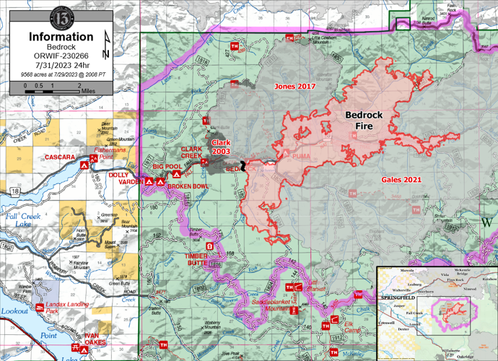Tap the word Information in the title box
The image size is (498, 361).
60,36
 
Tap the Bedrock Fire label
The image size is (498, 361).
368,120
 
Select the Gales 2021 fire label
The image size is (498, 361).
401,178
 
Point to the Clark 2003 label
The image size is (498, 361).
221,147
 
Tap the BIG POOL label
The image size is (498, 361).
167,166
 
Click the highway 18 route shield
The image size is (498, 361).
15,191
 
